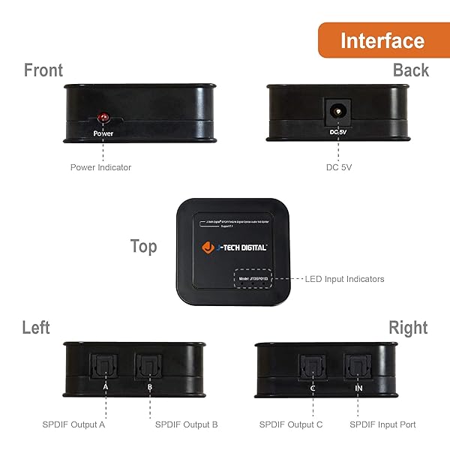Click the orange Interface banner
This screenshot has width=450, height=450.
(x=382, y=40)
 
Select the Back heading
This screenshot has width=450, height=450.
(x=410, y=70)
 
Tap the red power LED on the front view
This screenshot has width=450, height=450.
(x=103, y=119)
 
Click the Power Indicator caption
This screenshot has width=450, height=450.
(x=100, y=167)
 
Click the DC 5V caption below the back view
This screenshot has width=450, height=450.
(x=339, y=167)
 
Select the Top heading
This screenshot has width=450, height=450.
(x=143, y=247)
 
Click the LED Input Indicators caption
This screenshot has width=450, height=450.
(x=344, y=279)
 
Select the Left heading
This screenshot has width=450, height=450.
(x=36, y=328)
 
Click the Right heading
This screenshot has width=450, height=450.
(x=408, y=328)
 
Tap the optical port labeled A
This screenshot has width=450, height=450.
(x=105, y=367)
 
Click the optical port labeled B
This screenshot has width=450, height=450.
(x=148, y=367)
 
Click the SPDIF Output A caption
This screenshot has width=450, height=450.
(x=73, y=424)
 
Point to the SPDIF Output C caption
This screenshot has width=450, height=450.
(x=291, y=424)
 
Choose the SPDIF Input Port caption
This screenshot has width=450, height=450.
(x=382, y=424)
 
